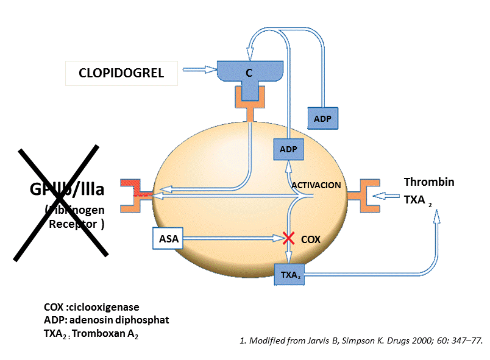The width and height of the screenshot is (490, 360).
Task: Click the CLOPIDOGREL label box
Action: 121,73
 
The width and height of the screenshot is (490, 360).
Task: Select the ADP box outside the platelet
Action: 322,118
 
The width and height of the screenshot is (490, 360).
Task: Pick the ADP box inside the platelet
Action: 287,149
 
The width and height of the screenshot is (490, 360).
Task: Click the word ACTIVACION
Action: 316,185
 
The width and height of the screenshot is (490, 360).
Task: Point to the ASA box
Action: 168,239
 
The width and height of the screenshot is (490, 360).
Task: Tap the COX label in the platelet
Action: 311,239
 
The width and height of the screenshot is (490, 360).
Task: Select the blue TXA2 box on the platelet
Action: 290,275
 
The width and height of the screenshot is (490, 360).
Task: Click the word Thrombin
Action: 429,182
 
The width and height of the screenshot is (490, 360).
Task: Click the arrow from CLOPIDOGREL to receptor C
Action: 196,70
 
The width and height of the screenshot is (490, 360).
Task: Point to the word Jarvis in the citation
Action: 311,341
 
